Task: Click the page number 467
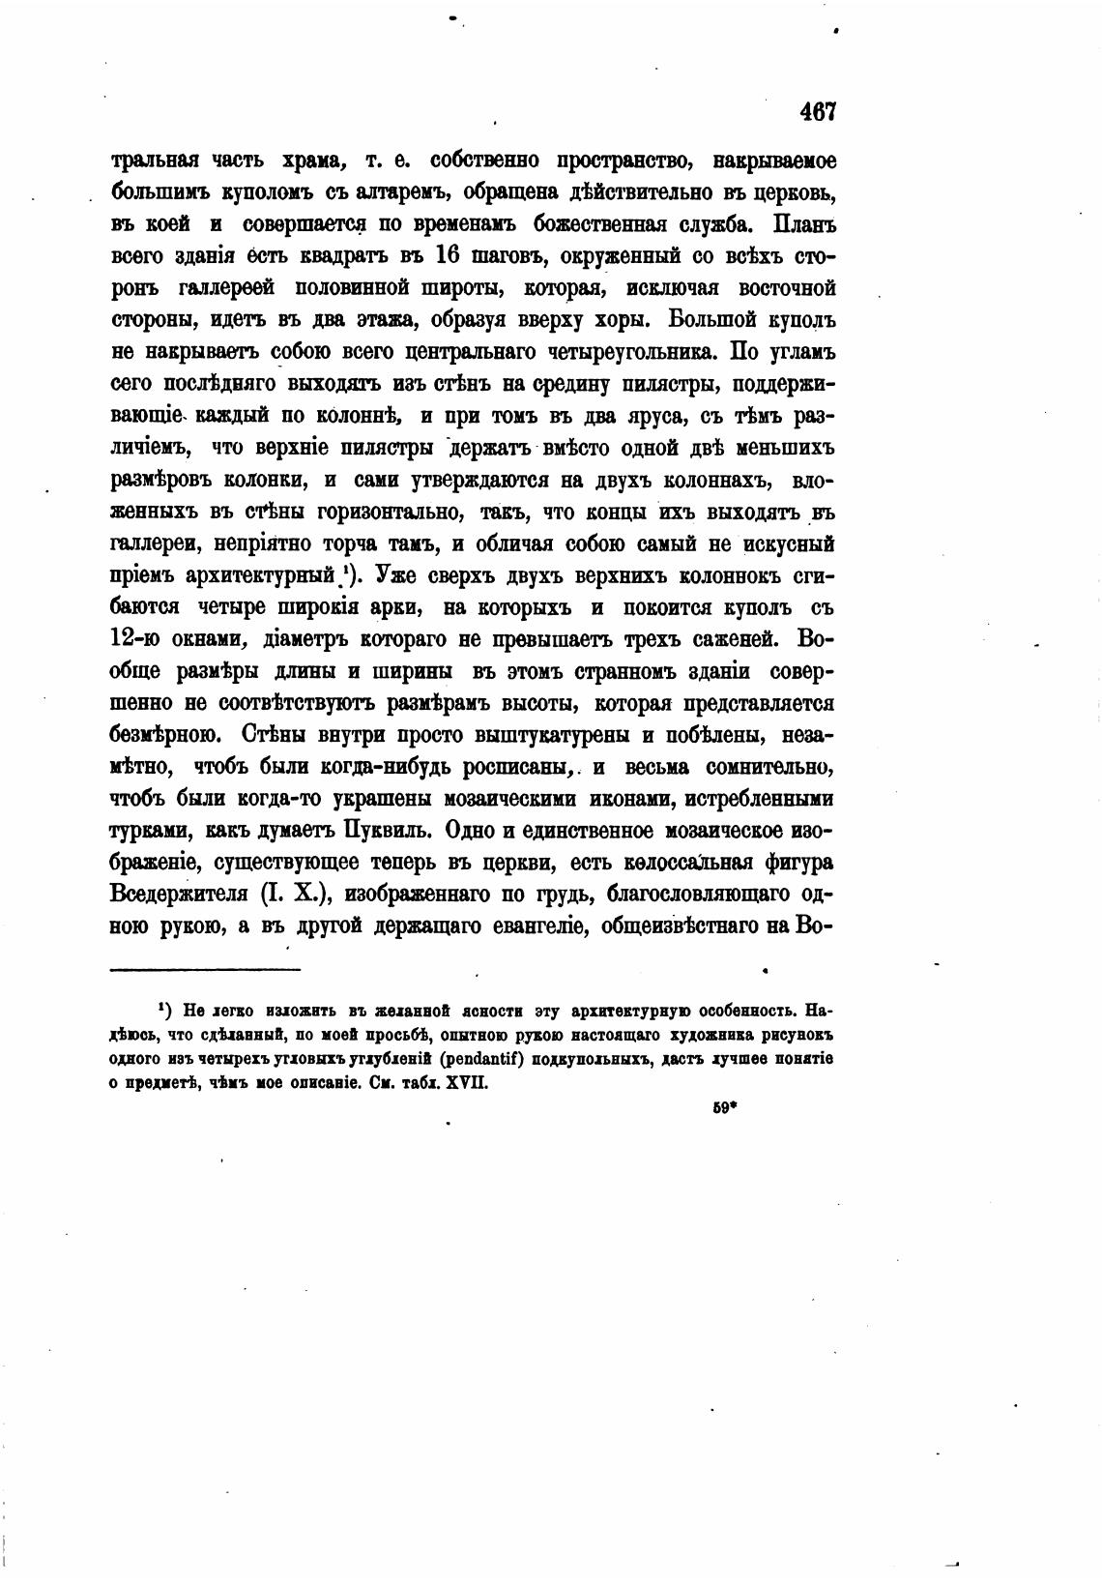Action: coord(817,111)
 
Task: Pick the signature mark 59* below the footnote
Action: coord(725,1109)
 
